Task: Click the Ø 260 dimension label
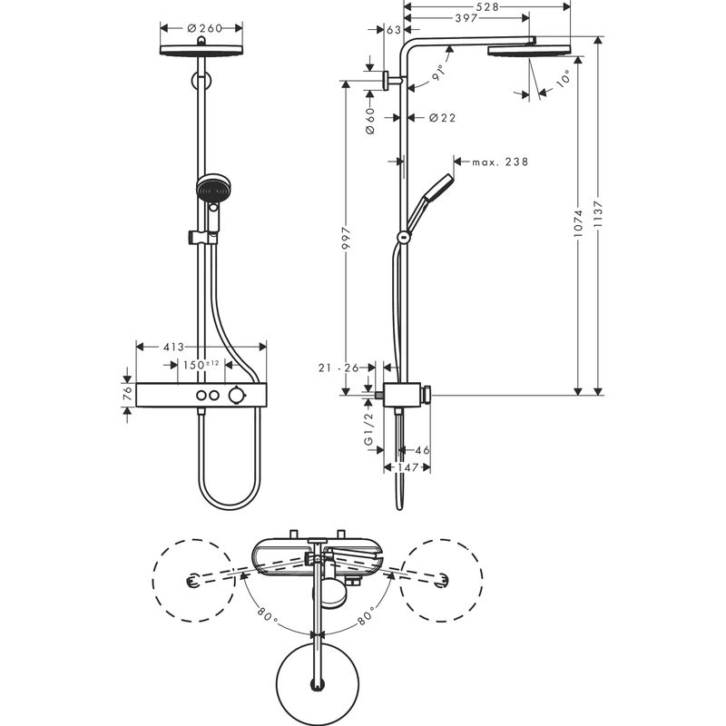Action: pyautogui.click(x=205, y=27)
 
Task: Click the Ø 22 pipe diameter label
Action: pyautogui.click(x=441, y=117)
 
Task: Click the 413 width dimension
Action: pyautogui.click(x=174, y=347)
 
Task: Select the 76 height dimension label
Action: pyautogui.click(x=127, y=394)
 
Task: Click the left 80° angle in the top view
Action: pyautogui.click(x=265, y=614)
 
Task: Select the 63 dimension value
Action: pyautogui.click(x=394, y=31)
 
